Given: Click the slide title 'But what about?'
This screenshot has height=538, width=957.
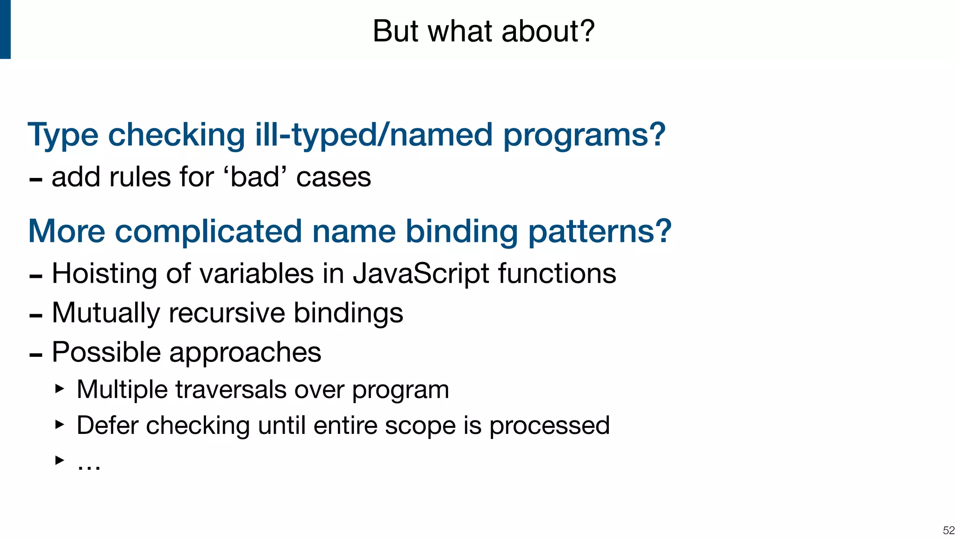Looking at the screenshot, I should coord(483,31).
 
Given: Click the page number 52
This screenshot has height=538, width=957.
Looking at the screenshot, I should coord(949,530).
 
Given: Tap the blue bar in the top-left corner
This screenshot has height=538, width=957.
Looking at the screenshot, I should coord(5,29).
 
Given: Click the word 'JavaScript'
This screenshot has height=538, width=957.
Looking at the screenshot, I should coord(421,274).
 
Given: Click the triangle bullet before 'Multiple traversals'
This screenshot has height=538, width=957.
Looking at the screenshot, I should coord(59,389).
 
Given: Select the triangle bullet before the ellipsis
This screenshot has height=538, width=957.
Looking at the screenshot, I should coord(59,460).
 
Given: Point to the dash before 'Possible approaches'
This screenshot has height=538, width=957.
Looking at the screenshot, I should coord(36,355).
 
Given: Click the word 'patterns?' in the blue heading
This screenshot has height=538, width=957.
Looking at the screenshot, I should coord(600,232).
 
